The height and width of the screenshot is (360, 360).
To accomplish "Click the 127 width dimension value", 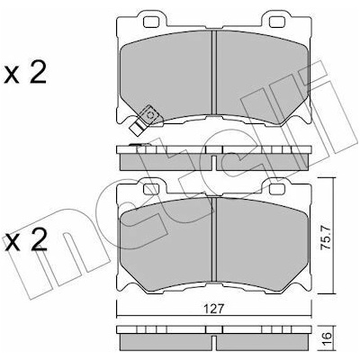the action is (x=214, y=309).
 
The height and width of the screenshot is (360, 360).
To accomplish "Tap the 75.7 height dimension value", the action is (x=326, y=238).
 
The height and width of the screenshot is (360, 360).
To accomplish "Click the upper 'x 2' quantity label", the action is (x=25, y=73).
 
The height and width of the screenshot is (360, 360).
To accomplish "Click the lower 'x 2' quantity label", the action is (x=25, y=240).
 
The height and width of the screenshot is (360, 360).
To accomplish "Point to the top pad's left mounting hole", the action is (x=151, y=22).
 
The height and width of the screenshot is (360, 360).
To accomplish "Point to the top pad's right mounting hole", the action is (x=276, y=22).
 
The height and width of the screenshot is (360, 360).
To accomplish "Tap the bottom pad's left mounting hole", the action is (x=151, y=189).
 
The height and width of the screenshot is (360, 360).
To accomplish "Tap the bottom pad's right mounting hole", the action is (x=276, y=189).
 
